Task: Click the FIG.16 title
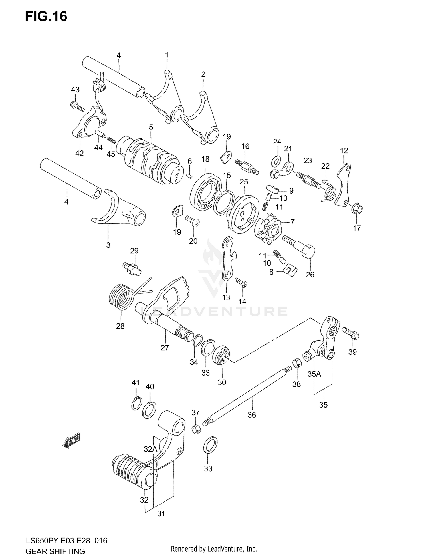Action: (46, 16)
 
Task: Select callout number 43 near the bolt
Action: (75, 90)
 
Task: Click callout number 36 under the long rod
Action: (251, 415)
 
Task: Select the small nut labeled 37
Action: (196, 429)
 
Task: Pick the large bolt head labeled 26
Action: (308, 251)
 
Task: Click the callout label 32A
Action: (150, 449)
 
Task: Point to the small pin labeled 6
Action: (189, 176)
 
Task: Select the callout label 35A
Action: (314, 374)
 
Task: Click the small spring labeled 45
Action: (111, 140)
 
